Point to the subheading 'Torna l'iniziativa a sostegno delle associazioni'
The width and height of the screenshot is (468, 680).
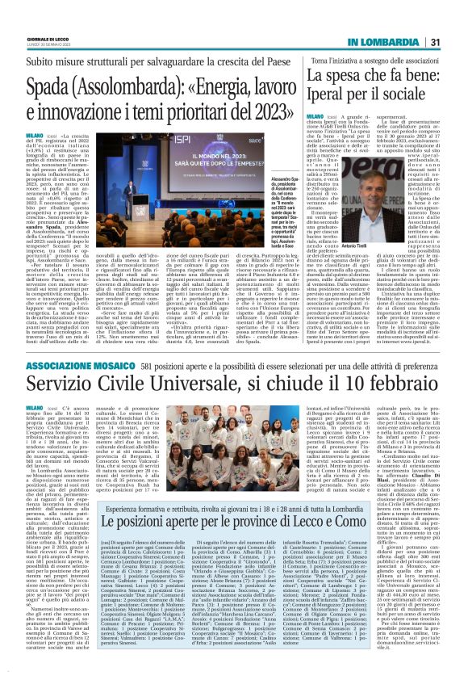[x=362, y=61]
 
